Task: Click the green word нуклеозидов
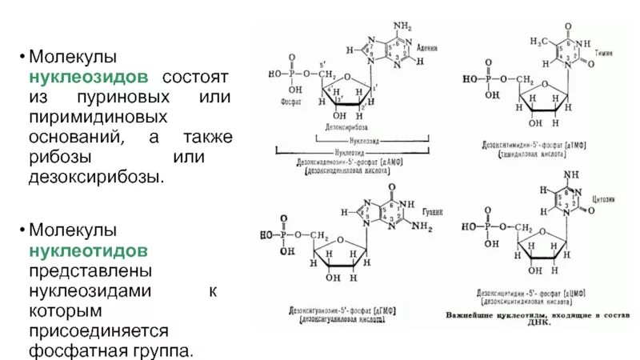[89, 78]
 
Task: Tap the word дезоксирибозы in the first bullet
[97, 175]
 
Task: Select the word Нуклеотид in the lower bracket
[351, 149]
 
